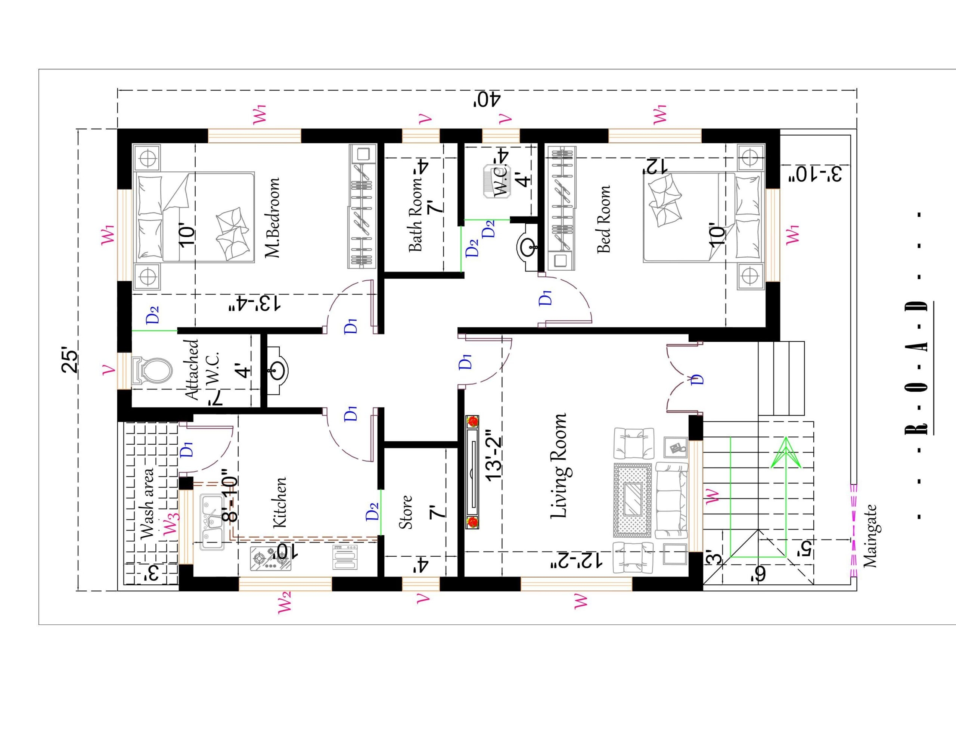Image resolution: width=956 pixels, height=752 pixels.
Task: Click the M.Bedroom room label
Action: coord(272,218)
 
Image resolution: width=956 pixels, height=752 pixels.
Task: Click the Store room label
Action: coord(406,512)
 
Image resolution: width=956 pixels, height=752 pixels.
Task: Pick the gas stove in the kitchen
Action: coord(270,559)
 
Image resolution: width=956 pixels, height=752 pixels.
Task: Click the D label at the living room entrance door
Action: coord(698,379)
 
